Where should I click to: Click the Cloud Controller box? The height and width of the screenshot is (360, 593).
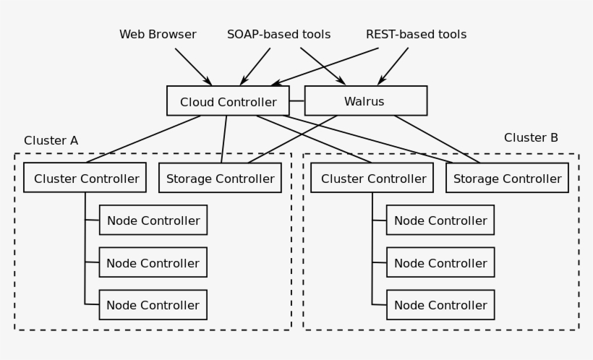click(x=228, y=101)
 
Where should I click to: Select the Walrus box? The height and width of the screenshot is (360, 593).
click(x=365, y=101)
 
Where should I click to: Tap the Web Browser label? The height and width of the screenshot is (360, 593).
click(x=158, y=35)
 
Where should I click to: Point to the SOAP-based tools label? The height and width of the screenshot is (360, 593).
click(x=278, y=35)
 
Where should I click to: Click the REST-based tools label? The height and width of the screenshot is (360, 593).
click(x=416, y=35)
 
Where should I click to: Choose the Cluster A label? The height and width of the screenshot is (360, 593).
click(x=51, y=140)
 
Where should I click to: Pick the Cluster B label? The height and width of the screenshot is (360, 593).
click(x=531, y=138)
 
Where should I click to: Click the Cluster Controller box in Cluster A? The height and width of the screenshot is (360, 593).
click(x=85, y=178)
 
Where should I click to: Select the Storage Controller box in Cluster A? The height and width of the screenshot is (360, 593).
click(x=220, y=179)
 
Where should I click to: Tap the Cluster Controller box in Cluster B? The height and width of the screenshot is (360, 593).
click(x=372, y=178)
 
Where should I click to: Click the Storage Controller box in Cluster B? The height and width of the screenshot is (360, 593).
click(x=507, y=179)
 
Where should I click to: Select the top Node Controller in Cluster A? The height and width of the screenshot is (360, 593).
click(x=153, y=220)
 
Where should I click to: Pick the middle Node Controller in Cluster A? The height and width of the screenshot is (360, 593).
click(x=153, y=263)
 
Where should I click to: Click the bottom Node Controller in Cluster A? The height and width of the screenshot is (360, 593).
click(x=153, y=305)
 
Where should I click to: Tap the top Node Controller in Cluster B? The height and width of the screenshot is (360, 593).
click(x=440, y=220)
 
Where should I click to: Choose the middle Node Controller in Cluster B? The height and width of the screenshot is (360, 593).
click(x=440, y=263)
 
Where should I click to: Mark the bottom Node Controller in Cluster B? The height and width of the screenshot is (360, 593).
click(x=440, y=305)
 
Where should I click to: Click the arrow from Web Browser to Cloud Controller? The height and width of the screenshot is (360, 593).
click(x=192, y=67)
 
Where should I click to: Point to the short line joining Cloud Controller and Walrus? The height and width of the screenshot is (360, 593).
click(x=296, y=101)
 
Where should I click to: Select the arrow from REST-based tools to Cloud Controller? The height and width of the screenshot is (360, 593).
click(x=325, y=67)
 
